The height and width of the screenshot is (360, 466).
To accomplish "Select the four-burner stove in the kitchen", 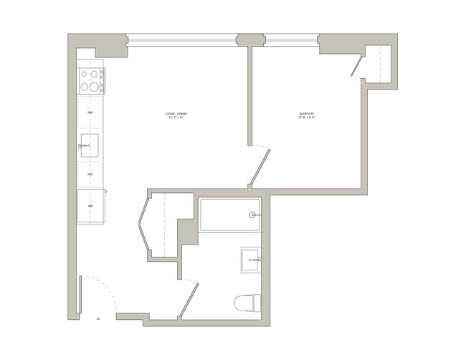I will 91,80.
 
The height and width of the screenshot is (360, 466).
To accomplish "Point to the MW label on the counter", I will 90,113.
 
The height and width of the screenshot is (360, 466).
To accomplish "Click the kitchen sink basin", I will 90,145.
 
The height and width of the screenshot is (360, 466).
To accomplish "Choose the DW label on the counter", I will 90,174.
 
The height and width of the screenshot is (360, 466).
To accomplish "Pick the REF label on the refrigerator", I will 91,206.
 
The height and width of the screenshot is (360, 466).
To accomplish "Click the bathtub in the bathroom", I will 229,214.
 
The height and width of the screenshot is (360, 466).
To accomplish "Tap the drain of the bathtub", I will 252,214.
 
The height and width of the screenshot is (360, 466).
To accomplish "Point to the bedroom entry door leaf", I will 260,166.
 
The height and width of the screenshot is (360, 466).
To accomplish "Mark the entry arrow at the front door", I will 99,318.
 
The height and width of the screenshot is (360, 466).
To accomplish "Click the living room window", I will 182,40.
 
